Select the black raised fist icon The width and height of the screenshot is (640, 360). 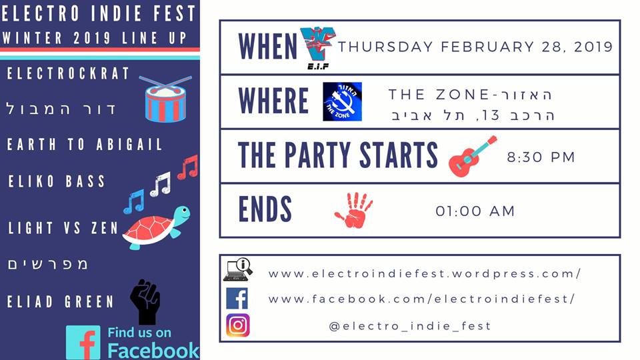pyautogui.click(x=145, y=301)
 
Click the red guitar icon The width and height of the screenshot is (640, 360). pyautogui.click(x=473, y=156)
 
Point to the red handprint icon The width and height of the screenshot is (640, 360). pyautogui.click(x=354, y=210)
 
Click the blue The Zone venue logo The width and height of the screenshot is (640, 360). pyautogui.click(x=342, y=101)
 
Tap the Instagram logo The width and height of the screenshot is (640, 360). pyautogui.click(x=238, y=325)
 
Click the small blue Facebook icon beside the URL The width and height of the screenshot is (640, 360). pyautogui.click(x=237, y=299)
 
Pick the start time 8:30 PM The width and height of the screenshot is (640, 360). pyautogui.click(x=541, y=157)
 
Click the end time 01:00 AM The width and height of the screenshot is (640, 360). pyautogui.click(x=475, y=211)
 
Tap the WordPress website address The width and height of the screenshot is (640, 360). pyautogui.click(x=425, y=273)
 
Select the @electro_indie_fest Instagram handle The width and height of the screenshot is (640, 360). pyautogui.click(x=410, y=326)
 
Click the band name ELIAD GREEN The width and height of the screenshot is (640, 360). pyautogui.click(x=61, y=301)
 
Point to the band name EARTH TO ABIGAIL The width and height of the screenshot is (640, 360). pyautogui.click(x=85, y=145)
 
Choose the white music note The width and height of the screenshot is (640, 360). pyautogui.click(x=161, y=184)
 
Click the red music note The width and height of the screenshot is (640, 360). pyautogui.click(x=188, y=167)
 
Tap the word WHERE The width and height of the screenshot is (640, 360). pyautogui.click(x=273, y=101)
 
